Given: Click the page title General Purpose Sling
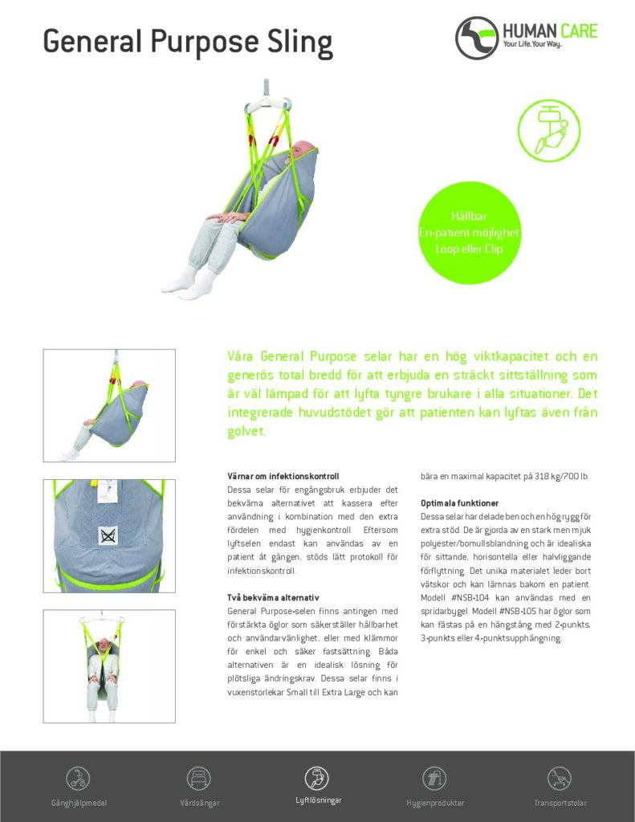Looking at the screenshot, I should click(187, 40).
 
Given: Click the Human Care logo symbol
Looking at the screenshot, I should click(477, 38).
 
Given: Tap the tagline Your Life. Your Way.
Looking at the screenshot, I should click(531, 44).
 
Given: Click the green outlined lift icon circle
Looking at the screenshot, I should click(548, 131).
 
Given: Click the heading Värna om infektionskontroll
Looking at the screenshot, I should click(283, 477).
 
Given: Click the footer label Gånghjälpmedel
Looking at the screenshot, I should click(78, 802).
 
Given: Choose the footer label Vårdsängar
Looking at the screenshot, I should click(198, 802).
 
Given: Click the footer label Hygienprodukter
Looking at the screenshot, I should click(435, 802).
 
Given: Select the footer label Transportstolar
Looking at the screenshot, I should click(560, 802).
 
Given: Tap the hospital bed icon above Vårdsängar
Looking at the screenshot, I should click(198, 777).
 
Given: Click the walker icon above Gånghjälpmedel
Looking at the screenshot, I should click(78, 777).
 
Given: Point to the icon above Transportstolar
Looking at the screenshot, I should click(560, 777).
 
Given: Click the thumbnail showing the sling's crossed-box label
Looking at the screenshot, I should click(108, 535).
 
